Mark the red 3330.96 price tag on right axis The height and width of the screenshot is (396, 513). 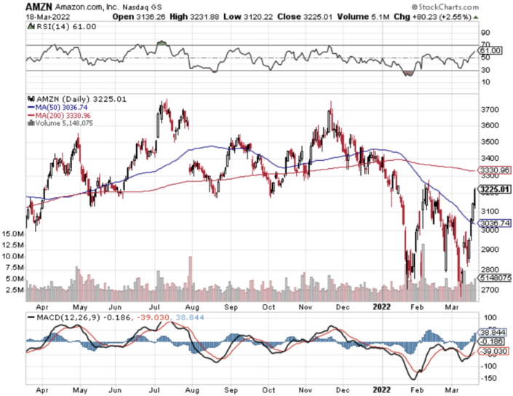coord(495,170)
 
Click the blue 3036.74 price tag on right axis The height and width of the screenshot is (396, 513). coord(495,223)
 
